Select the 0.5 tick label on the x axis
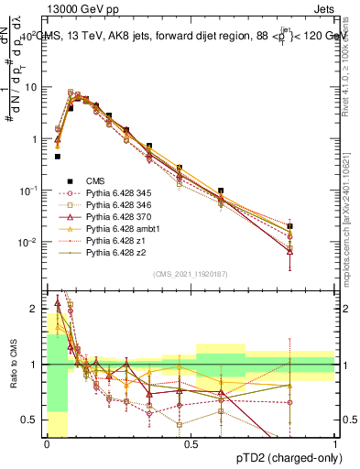click(x=190, y=443)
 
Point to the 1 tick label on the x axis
click(x=335, y=443)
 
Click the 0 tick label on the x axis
click(x=47, y=443)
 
